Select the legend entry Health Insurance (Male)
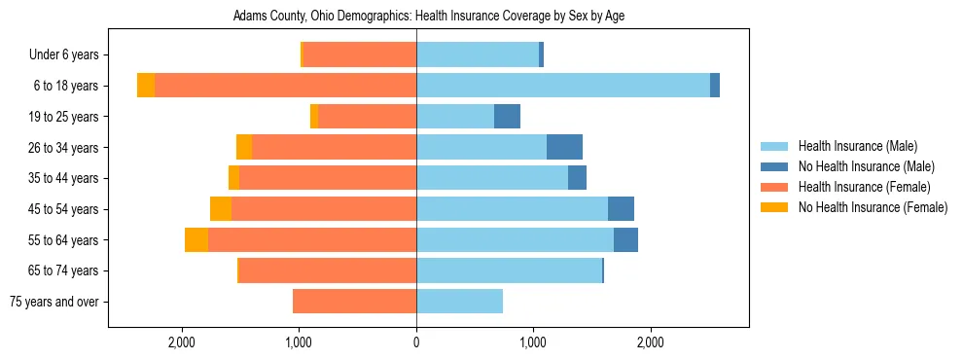pos(857,146)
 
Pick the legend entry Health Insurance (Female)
pos(864,187)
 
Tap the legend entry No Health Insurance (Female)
pos(873,207)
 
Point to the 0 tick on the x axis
pos(416,342)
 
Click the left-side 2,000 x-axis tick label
pos(182,342)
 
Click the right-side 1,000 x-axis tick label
pos(533,342)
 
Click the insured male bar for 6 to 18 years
pos(563,86)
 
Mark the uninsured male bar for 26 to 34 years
pos(564,147)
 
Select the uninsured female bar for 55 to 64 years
pos(196,239)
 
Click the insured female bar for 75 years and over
pos(354,302)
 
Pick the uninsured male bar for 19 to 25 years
pos(507,117)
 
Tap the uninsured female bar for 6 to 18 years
pos(146,86)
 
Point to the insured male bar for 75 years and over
pos(459,302)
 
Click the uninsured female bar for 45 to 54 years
pos(221,209)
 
